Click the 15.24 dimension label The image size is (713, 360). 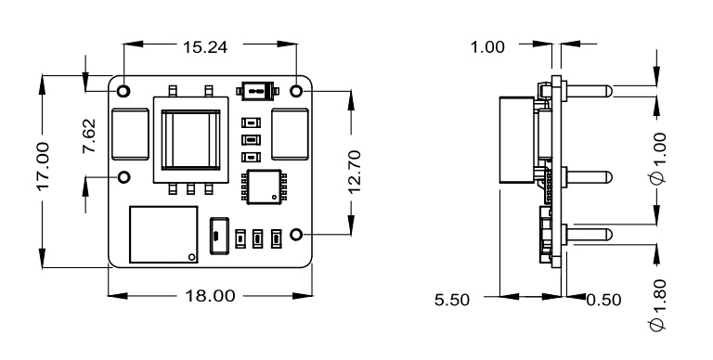205,46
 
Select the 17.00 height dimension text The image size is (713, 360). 43,166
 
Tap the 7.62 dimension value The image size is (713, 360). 89,135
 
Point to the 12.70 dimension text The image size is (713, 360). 355,172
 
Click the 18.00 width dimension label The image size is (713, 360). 210,296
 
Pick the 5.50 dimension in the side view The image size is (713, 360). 452,300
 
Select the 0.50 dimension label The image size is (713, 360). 603,300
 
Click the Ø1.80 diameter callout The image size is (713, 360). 657,305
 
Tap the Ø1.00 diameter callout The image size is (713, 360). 657,158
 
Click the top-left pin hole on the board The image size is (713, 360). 123,91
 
